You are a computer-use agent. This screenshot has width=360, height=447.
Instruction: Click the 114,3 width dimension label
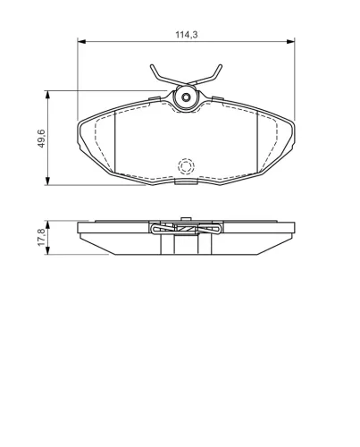pos(187,35)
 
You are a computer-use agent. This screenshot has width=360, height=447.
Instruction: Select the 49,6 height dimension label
pos(41,139)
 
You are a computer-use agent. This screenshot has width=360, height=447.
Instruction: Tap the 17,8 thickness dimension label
pos(41,237)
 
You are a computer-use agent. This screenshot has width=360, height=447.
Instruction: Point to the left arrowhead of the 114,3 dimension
pos(81,41)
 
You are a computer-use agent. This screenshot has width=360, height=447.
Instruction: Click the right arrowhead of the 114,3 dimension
pos(290,41)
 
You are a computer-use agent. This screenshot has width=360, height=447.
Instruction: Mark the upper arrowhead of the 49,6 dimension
pos(47,95)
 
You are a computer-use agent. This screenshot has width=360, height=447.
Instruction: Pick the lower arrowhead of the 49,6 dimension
pos(47,181)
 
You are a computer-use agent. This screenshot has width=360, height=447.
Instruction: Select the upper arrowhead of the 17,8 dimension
pos(47,225)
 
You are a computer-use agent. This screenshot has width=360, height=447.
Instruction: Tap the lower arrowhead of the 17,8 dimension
pos(47,250)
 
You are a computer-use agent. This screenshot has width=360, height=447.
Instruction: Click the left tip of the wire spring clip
pos(152,65)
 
